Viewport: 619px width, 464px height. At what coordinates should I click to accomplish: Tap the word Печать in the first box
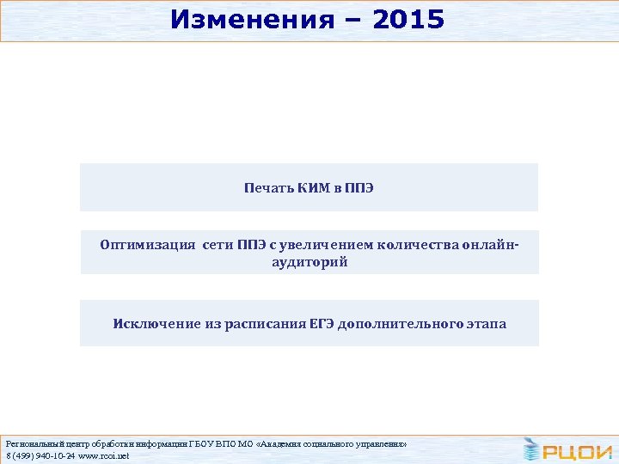point(270,187)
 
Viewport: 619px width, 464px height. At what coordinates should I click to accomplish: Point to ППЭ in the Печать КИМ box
point(360,187)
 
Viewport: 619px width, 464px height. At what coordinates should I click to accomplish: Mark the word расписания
point(258,324)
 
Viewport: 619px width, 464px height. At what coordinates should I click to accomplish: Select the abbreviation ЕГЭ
point(322,324)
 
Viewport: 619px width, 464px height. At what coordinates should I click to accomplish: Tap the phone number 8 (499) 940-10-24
point(40,455)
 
